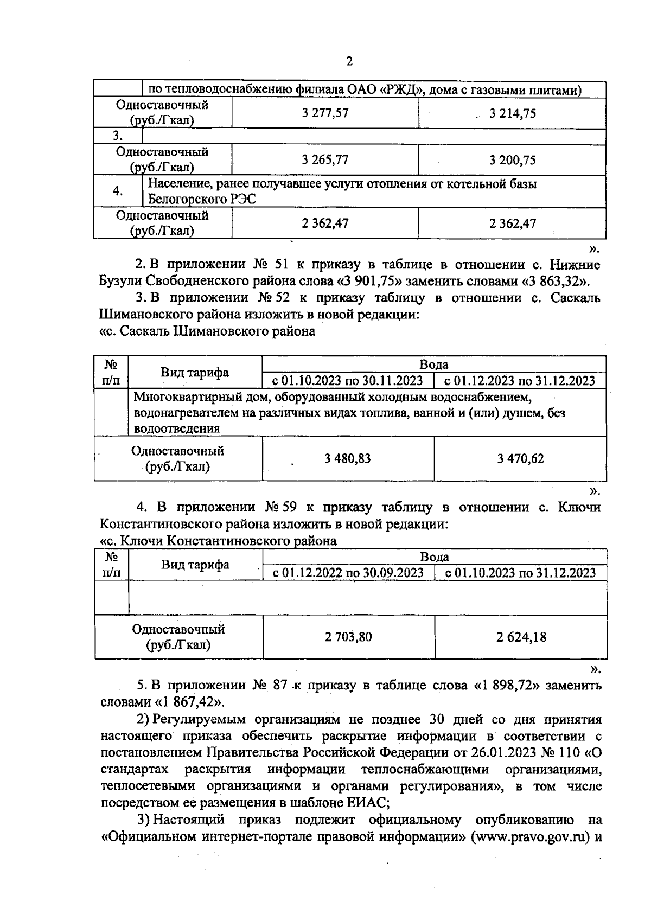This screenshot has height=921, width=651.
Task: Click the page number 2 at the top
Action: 349,61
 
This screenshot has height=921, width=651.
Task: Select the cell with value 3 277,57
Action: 325,113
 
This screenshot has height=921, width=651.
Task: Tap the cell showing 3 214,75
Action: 512,113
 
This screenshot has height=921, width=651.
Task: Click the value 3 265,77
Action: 325,160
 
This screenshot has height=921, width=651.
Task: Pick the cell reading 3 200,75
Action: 512,160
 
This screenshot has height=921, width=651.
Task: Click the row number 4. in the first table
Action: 117,191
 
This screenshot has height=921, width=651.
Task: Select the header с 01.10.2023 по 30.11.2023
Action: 348,380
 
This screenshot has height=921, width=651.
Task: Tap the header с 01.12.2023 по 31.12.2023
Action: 520,380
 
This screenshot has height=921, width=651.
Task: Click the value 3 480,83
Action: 348,458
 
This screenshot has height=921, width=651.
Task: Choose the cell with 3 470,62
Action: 520,458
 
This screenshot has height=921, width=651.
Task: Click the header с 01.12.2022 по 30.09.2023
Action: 348,573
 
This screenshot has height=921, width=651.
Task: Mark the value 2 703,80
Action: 348,637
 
